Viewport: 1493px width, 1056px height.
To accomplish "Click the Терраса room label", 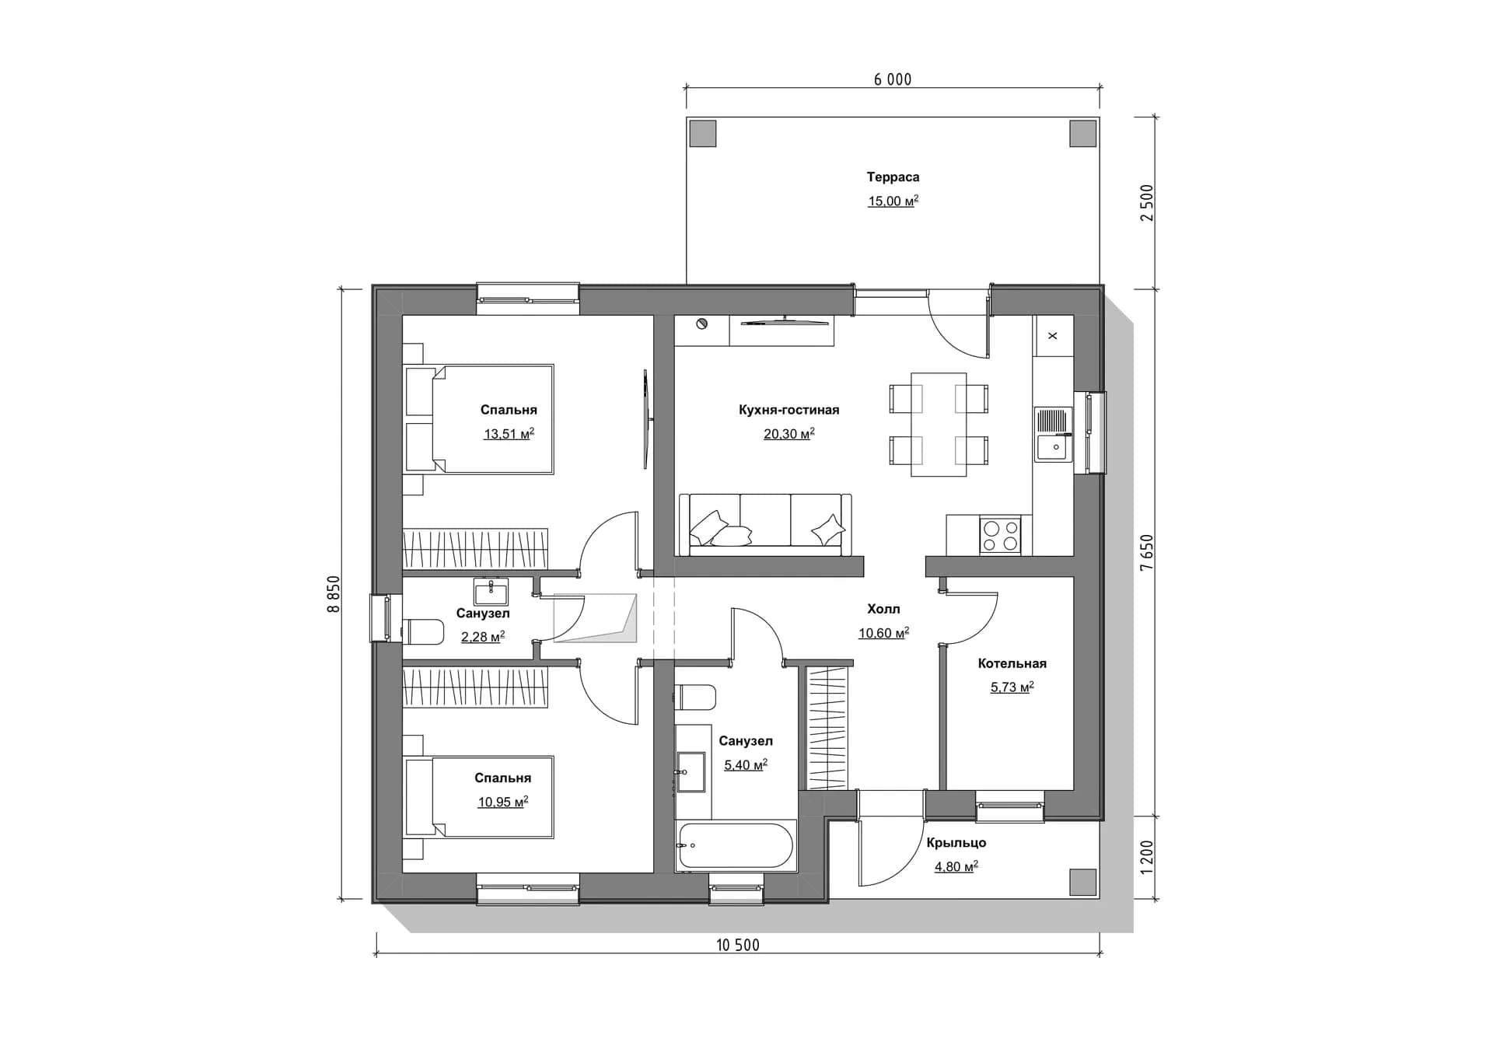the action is pyautogui.click(x=893, y=177).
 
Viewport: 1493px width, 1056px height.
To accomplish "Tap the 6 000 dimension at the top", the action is pyautogui.click(x=893, y=79).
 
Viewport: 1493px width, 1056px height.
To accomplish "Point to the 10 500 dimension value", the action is pyautogui.click(x=737, y=945).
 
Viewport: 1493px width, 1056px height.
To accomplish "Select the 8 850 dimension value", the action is pyautogui.click(x=334, y=594).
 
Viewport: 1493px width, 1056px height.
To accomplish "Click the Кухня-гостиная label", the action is pyautogui.click(x=788, y=410).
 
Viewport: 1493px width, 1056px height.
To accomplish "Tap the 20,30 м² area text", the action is pyautogui.click(x=788, y=434).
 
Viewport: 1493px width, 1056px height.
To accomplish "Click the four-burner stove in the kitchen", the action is pyautogui.click(x=1000, y=535).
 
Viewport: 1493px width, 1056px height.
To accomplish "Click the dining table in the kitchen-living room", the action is pyautogui.click(x=939, y=424).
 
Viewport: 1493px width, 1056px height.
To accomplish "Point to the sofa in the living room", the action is pyautogui.click(x=765, y=525).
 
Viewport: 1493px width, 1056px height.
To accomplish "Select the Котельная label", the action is pyautogui.click(x=1012, y=663).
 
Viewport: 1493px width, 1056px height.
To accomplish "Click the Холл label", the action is pyautogui.click(x=883, y=609).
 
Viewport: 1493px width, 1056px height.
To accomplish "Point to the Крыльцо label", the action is pyautogui.click(x=956, y=842).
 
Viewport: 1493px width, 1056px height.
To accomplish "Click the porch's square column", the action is pyautogui.click(x=1083, y=881).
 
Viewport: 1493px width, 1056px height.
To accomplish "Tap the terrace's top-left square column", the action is pyautogui.click(x=703, y=134).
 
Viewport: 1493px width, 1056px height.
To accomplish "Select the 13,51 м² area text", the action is pyautogui.click(x=509, y=434).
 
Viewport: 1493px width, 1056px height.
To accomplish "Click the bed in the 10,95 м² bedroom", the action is pyautogui.click(x=479, y=797).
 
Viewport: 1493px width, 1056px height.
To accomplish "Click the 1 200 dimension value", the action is pyautogui.click(x=1147, y=858).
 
